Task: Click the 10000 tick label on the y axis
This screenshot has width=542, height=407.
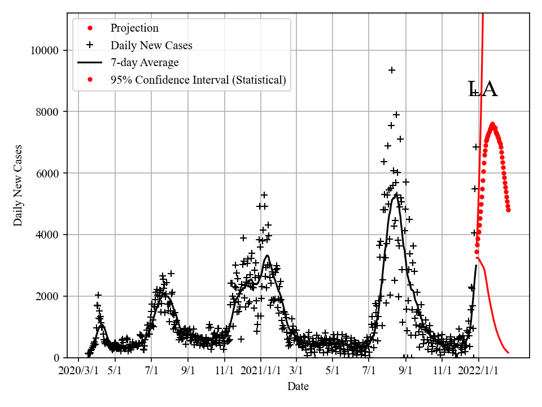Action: [46, 50]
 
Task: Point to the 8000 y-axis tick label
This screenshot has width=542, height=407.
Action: [48, 112]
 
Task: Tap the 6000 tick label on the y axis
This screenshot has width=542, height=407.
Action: [48, 174]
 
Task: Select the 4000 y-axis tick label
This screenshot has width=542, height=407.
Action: [48, 235]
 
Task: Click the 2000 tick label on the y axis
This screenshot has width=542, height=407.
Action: [48, 296]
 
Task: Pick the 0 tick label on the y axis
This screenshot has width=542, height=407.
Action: [56, 358]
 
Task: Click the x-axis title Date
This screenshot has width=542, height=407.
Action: [298, 387]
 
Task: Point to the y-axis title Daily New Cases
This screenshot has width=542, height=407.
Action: [19, 186]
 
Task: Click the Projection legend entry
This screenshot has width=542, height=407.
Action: [134, 28]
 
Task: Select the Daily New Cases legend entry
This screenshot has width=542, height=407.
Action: [151, 45]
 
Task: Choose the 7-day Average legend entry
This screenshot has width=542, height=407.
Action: [145, 63]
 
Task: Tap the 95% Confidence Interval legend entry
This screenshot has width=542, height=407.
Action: [198, 80]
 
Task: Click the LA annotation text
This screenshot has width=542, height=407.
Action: [483, 89]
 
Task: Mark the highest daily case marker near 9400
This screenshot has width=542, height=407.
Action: [391, 70]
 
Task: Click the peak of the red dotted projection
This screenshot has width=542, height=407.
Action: [492, 124]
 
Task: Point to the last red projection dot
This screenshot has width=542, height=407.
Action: [508, 210]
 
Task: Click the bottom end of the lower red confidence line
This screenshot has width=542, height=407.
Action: [509, 353]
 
